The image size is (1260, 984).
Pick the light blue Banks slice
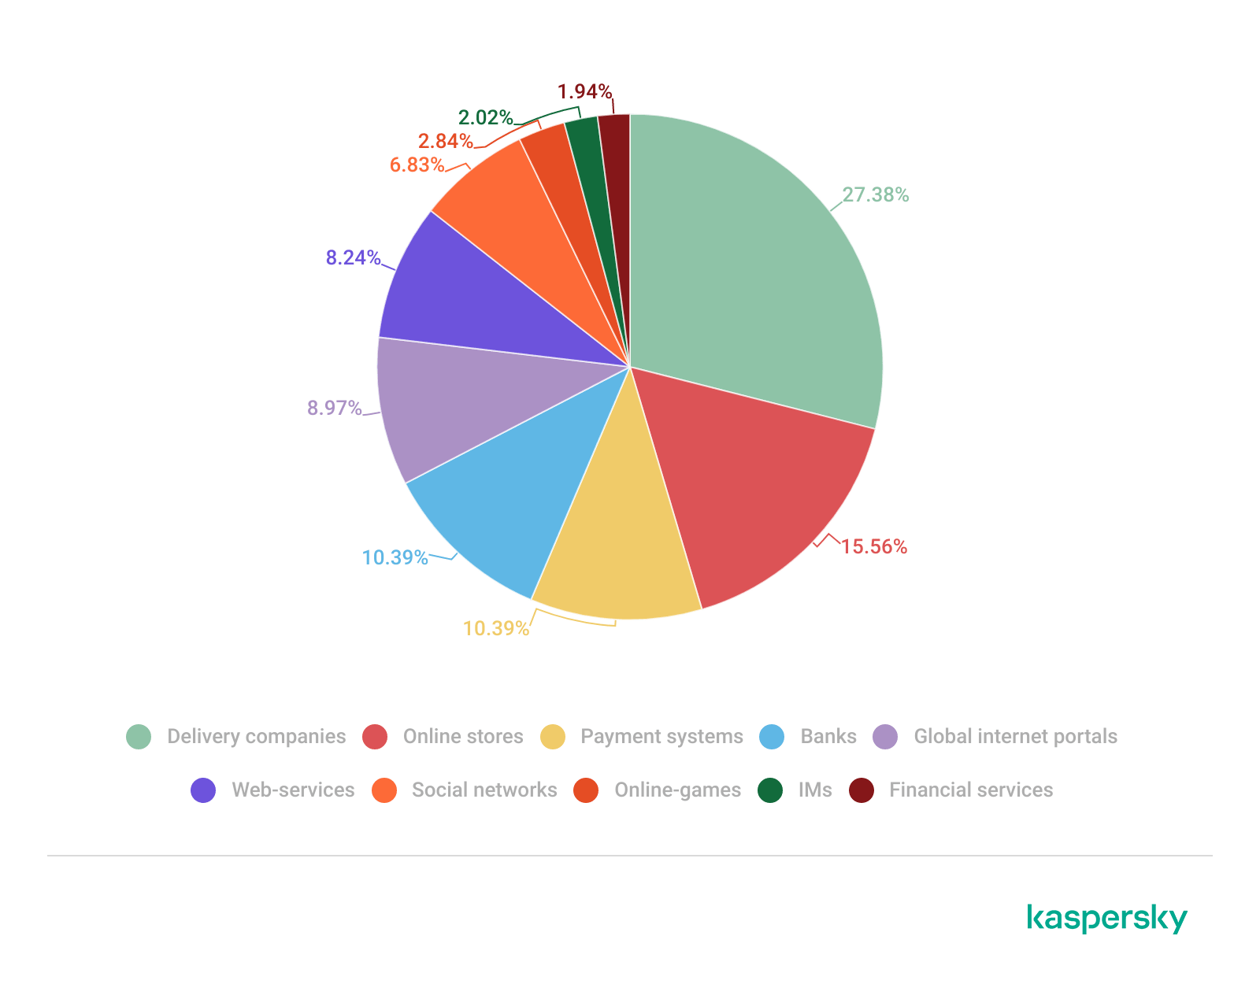pyautogui.click(x=504, y=496)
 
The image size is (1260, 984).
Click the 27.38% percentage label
pyautogui.click(x=875, y=195)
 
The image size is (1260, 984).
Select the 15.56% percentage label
pyautogui.click(x=873, y=546)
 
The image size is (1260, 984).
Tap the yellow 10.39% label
pyautogui.click(x=495, y=628)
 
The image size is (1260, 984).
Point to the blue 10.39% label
pyautogui.click(x=395, y=558)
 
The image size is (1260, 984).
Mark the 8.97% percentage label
pyautogui.click(x=335, y=408)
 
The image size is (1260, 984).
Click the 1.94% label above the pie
pyautogui.click(x=584, y=91)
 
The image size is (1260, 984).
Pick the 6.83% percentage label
pyautogui.click(x=417, y=165)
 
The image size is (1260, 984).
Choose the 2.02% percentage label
pyautogui.click(x=485, y=117)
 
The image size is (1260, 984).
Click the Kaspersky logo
pyautogui.click(x=1107, y=919)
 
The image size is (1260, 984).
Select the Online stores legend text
pyautogui.click(x=463, y=737)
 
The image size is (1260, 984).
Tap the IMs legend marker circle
pyautogui.click(x=770, y=790)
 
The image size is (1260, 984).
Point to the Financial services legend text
pyautogui.click(x=971, y=790)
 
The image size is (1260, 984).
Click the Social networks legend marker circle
pyautogui.click(x=384, y=790)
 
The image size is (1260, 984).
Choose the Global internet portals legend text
pyautogui.click(x=1015, y=737)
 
